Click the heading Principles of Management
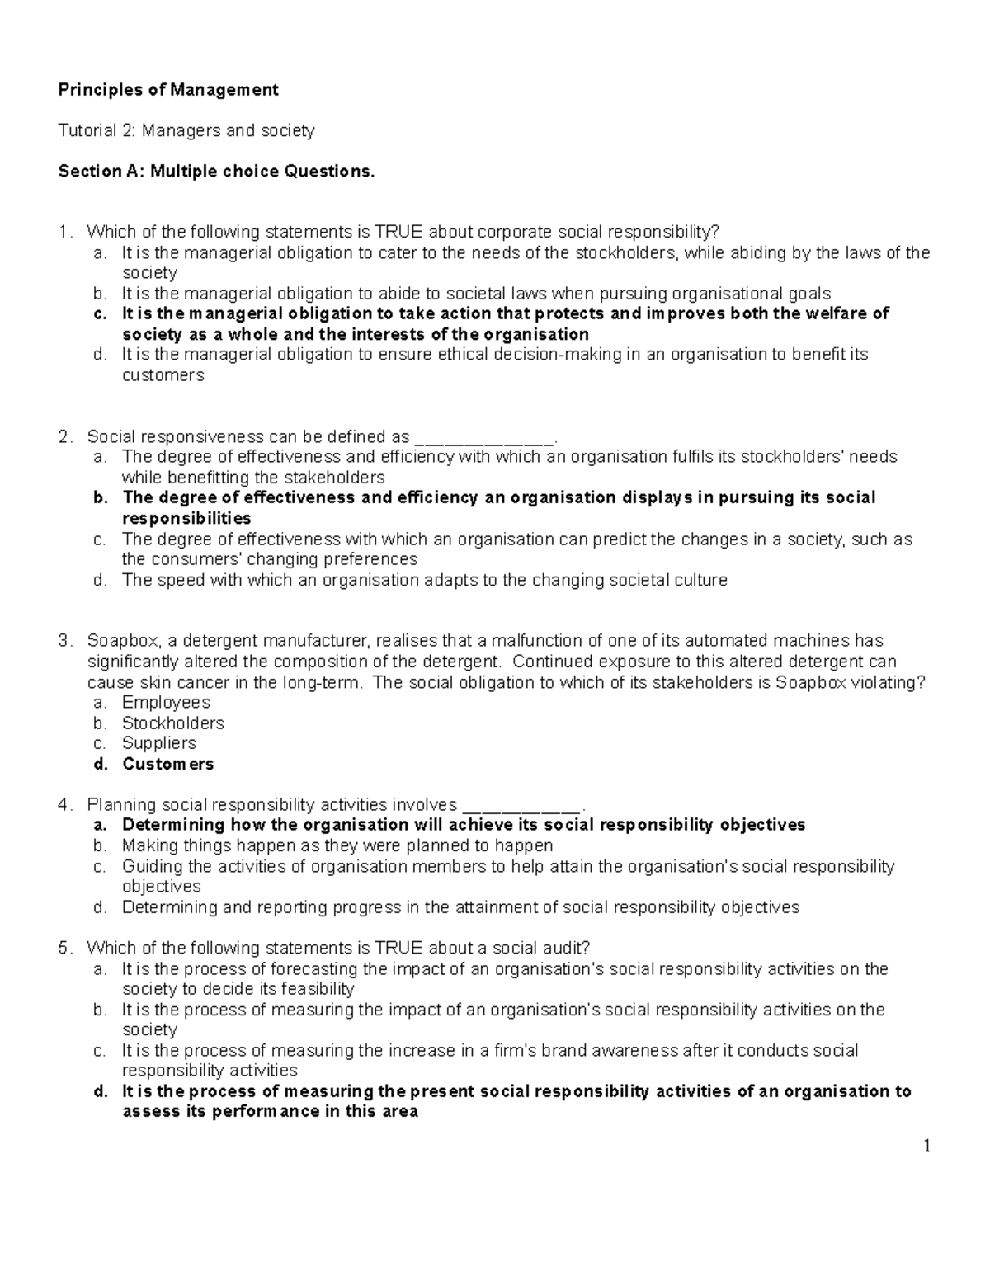(x=168, y=90)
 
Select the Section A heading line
(x=216, y=172)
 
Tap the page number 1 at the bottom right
(x=926, y=1146)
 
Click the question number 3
(x=64, y=641)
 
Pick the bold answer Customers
(x=167, y=764)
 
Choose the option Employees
(x=166, y=703)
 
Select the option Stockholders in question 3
(x=172, y=723)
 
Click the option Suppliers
(x=158, y=743)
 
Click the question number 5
(x=64, y=948)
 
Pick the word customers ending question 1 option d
(x=163, y=375)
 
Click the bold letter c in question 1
(x=100, y=314)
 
